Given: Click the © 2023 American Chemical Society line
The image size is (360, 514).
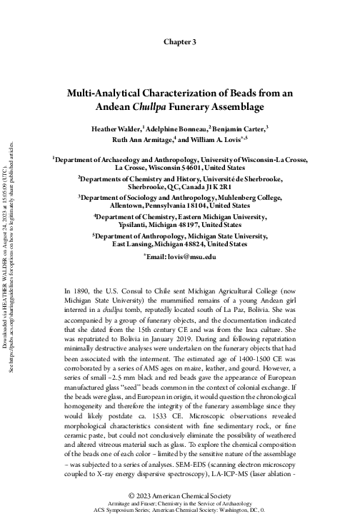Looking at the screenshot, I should click(x=179, y=495).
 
